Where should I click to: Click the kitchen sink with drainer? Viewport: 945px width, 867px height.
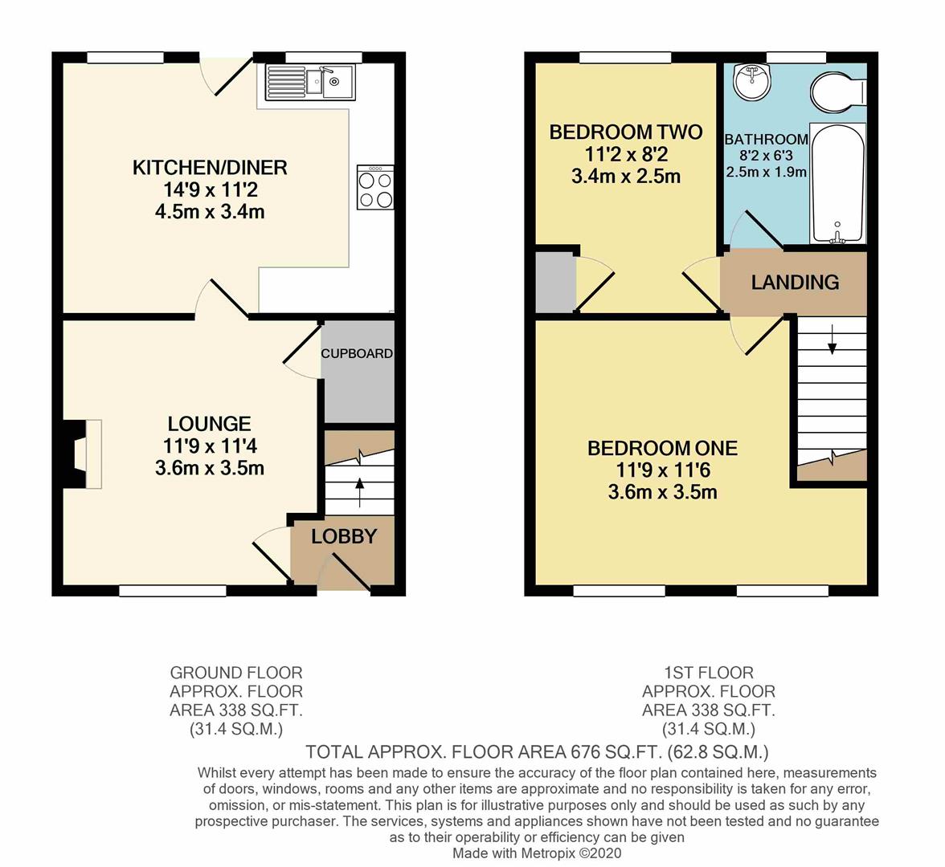(310, 81)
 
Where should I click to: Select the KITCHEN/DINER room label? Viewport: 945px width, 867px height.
(210, 168)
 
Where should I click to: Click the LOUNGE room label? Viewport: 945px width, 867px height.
(209, 423)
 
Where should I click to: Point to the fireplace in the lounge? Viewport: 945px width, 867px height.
(80, 454)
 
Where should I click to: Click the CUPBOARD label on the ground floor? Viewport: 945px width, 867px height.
(357, 353)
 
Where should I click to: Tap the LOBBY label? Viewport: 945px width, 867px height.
(344, 536)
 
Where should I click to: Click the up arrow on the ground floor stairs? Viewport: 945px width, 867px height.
(358, 487)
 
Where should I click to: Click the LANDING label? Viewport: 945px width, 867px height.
(795, 282)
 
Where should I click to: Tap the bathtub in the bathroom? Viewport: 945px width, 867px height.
(837, 183)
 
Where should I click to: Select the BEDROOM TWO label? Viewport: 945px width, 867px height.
(625, 132)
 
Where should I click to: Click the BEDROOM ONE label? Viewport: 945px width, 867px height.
(662, 448)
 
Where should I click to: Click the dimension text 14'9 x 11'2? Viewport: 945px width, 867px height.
(210, 190)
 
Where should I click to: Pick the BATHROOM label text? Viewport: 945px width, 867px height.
(766, 140)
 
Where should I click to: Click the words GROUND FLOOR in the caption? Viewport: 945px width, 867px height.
(235, 672)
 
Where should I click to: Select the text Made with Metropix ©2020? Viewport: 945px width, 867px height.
(537, 853)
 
